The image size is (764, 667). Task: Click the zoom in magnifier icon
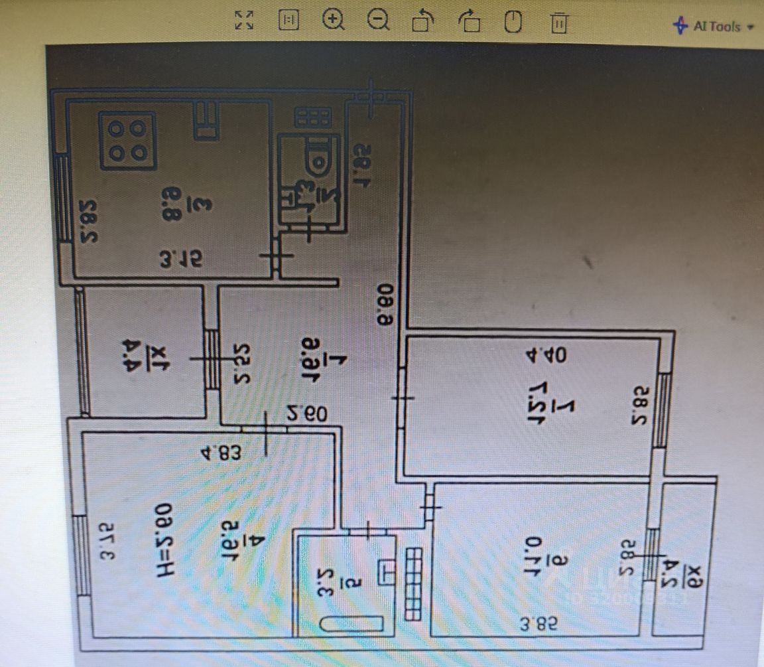334,21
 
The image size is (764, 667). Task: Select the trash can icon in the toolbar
559,23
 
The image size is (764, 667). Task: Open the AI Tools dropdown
714,27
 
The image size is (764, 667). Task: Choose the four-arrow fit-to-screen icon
244,21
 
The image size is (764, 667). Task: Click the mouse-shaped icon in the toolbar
513,22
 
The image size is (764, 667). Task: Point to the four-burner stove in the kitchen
127,139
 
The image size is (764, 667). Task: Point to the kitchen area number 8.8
170,200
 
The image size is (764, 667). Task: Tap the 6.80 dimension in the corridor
384,305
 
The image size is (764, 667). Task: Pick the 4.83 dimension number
218,455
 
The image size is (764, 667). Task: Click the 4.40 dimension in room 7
550,355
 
